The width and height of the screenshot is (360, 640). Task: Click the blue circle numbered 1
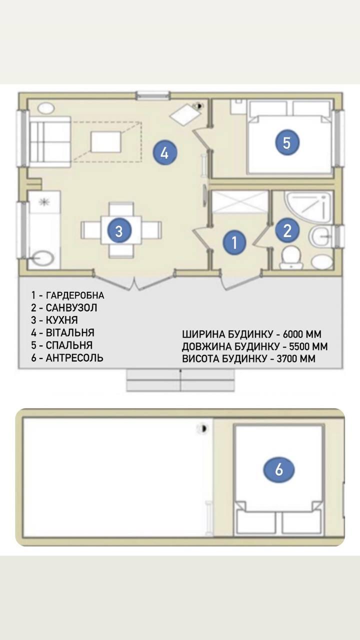pyautogui.click(x=234, y=242)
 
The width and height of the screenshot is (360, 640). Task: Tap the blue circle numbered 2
pyautogui.click(x=287, y=230)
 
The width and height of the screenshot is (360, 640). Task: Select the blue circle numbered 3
pyautogui.click(x=119, y=230)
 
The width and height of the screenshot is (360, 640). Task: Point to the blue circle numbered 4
pyautogui.click(x=164, y=153)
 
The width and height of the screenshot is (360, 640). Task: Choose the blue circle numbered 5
pyautogui.click(x=287, y=142)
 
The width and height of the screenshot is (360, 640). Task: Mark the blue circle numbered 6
pyautogui.click(x=279, y=469)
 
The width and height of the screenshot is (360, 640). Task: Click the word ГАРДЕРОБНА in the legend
pyautogui.click(x=75, y=295)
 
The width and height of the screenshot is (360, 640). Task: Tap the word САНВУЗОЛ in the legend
pyautogui.click(x=71, y=307)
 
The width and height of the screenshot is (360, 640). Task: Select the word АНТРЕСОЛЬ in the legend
pyautogui.click(x=74, y=357)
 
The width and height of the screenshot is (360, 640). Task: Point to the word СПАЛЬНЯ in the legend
pyautogui.click(x=69, y=345)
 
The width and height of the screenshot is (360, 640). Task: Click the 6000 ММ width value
pyautogui.click(x=302, y=334)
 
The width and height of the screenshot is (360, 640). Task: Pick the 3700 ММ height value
pyautogui.click(x=296, y=358)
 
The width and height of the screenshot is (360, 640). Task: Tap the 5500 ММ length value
pyautogui.click(x=308, y=346)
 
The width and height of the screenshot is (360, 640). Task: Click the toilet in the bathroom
pyautogui.click(x=291, y=257)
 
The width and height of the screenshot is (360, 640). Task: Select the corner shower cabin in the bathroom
pyautogui.click(x=308, y=206)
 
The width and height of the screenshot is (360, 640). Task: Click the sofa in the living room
pyautogui.click(x=50, y=141)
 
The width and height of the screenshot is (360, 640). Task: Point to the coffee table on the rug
pyautogui.click(x=105, y=141)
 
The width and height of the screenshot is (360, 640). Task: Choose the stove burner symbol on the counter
pyautogui.click(x=44, y=202)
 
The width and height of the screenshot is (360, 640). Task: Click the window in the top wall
pyautogui.click(x=153, y=95)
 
